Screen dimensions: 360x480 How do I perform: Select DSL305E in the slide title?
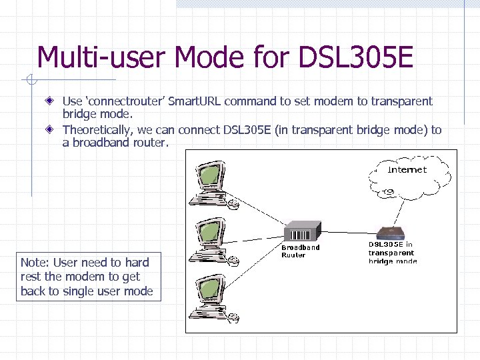(356, 57)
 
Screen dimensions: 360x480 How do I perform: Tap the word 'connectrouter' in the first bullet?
(123, 101)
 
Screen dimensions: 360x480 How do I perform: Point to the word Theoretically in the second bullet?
(97, 130)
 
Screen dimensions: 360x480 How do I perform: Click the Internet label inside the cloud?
(407, 169)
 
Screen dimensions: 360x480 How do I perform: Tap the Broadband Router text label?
(300, 251)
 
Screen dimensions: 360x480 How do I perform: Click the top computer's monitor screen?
(210, 174)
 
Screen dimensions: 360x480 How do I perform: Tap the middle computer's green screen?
(211, 231)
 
